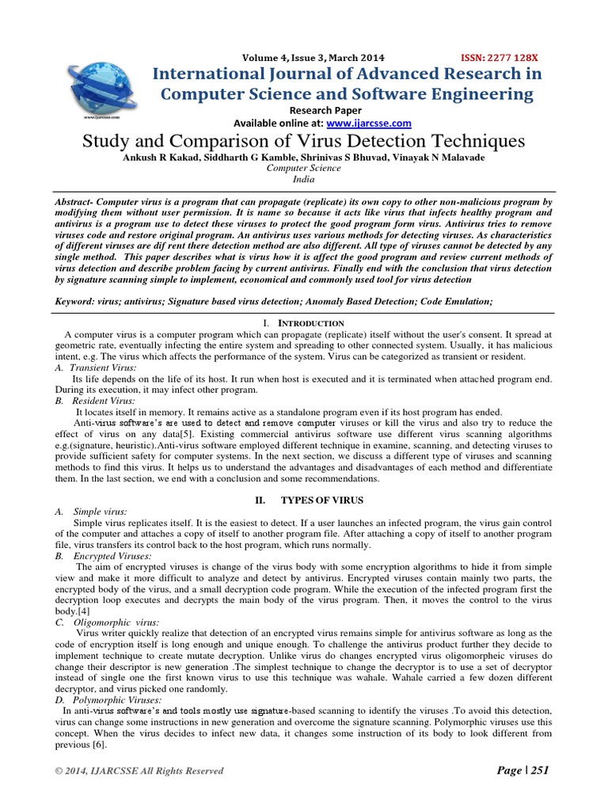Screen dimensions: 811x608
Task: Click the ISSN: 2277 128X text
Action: (499, 58)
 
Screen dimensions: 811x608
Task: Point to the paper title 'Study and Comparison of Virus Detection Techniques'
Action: (304, 142)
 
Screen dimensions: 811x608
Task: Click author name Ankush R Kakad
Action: (170, 157)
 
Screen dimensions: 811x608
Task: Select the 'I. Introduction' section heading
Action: (303, 323)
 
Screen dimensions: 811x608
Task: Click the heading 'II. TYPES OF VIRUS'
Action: (304, 501)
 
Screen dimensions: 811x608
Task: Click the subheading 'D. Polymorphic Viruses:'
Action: (108, 701)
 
